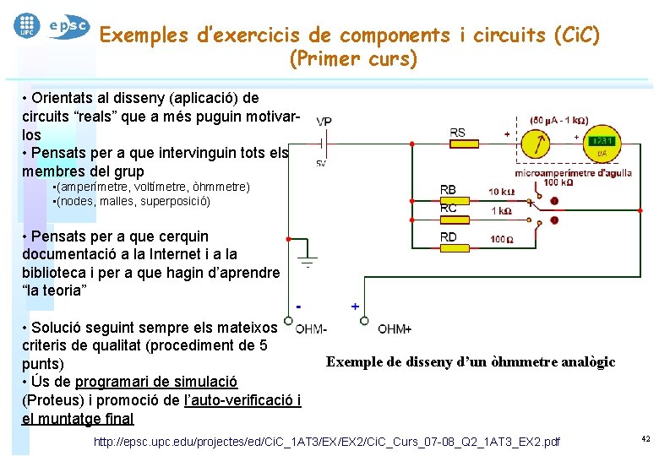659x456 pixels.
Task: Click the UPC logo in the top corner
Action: tap(25, 24)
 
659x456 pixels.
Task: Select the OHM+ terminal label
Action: tap(395, 329)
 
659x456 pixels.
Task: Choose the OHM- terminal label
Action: tap(312, 329)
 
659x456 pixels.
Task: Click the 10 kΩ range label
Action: tap(501, 192)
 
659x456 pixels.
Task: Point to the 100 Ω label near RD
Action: tap(501, 239)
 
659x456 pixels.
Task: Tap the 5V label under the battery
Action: tap(321, 163)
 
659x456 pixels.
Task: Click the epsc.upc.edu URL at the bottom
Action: tap(326, 442)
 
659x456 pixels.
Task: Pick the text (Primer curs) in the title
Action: tap(353, 60)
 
